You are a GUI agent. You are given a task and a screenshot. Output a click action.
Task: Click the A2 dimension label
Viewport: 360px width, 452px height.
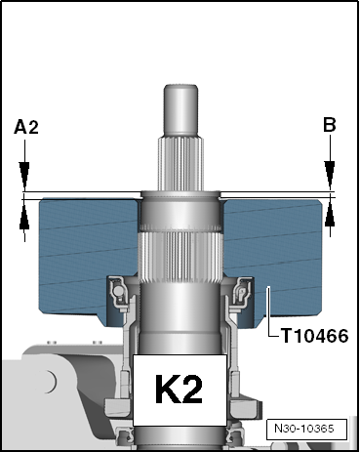[26, 127]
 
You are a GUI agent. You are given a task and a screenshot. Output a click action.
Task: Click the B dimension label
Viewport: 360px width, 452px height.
[330, 125]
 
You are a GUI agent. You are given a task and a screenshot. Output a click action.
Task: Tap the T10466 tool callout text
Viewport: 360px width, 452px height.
[314, 336]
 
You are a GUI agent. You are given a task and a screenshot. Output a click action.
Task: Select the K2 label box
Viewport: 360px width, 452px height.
[180, 390]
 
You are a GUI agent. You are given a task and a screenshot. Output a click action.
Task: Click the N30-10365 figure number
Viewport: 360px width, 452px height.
[306, 429]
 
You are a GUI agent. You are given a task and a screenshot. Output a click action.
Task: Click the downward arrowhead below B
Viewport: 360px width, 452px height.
[330, 175]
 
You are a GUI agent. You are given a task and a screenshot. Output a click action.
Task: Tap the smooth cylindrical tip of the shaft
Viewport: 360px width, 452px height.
[180, 110]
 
